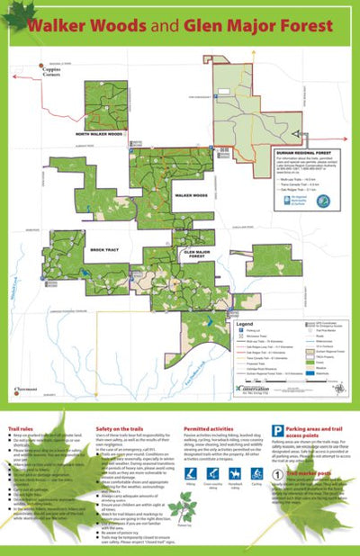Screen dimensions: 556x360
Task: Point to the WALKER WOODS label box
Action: [191, 194]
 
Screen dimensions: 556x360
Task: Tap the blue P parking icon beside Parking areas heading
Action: [278, 432]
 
